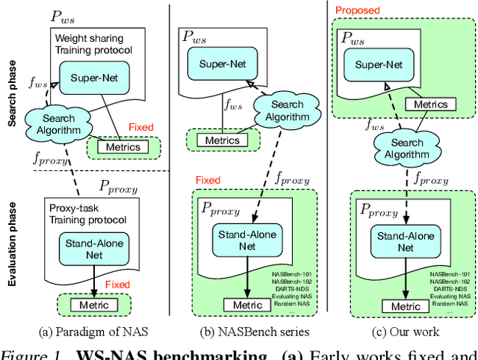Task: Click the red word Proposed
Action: [358, 10]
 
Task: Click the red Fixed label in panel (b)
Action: [208, 180]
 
